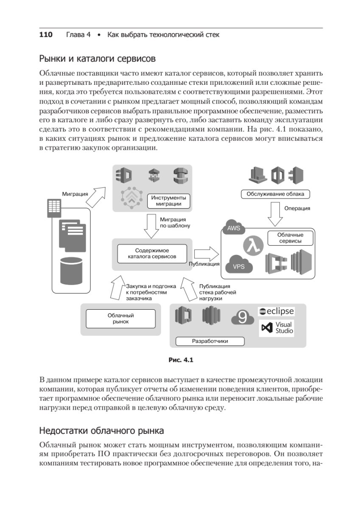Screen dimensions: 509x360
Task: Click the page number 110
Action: [x=46, y=35]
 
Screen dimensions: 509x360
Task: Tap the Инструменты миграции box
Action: [x=168, y=201]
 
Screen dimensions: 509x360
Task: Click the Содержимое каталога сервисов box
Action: [x=152, y=253]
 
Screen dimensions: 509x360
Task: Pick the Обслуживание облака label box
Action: [x=275, y=194]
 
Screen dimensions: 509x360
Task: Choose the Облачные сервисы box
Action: [x=290, y=238]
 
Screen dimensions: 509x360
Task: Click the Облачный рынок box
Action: [x=120, y=319]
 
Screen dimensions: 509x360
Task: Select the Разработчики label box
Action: [x=210, y=341]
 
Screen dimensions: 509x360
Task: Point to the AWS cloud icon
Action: [x=234, y=227]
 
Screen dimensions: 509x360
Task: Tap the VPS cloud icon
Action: [x=239, y=265]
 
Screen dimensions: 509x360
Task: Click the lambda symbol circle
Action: [x=254, y=245]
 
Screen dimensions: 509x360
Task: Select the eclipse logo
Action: [x=276, y=311]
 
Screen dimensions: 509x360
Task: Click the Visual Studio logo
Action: [x=277, y=327]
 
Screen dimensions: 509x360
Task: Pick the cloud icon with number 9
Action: [x=242, y=317]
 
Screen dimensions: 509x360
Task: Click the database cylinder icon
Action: [x=70, y=270]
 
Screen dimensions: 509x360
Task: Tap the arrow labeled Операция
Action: [x=274, y=213]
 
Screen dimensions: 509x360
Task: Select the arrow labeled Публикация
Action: [x=206, y=254]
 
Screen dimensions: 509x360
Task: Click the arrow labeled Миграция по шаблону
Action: [x=151, y=226]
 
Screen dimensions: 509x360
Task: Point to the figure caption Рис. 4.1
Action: [x=181, y=360]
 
